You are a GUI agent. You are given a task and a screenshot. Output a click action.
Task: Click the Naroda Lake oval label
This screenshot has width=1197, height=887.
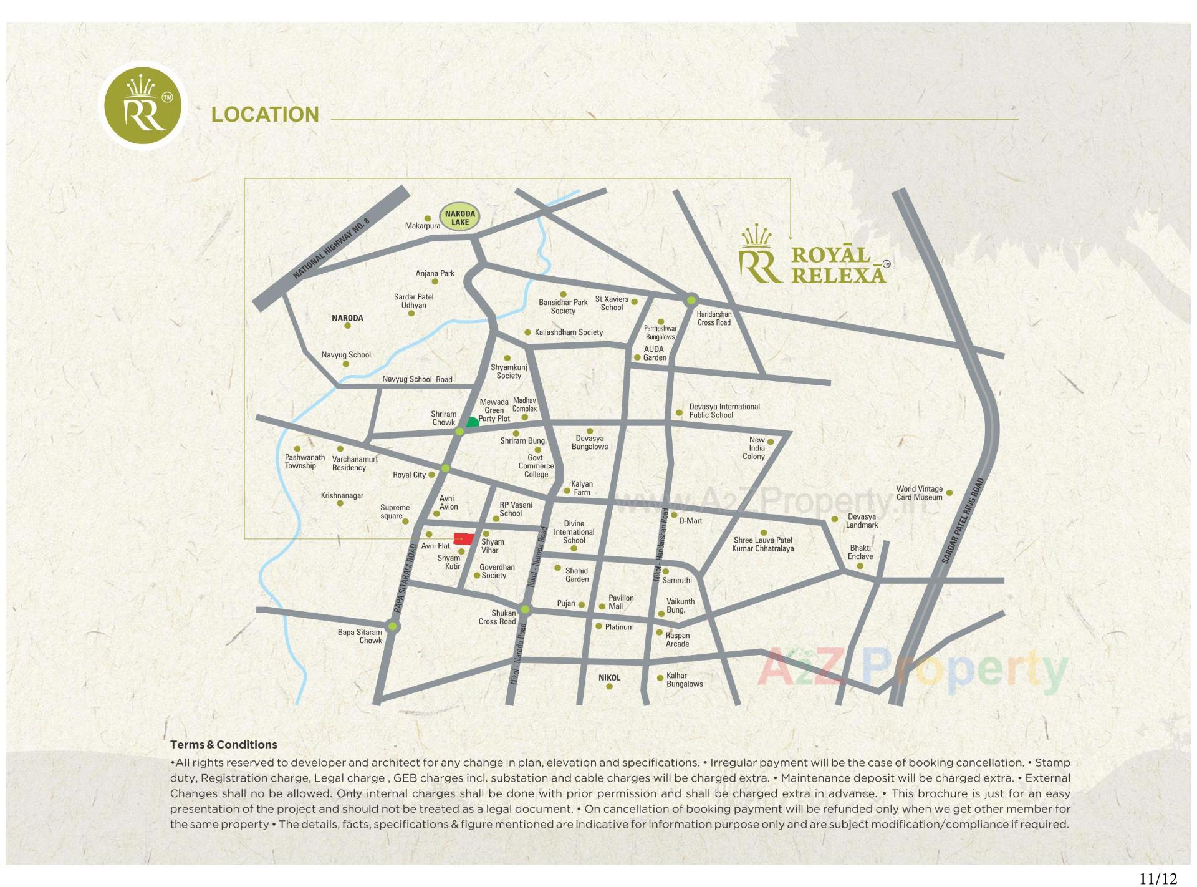[459, 218]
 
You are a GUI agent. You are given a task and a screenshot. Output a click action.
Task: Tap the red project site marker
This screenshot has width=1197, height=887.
[463, 539]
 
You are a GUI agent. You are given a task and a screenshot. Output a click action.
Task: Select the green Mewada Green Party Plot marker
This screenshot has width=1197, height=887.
[473, 423]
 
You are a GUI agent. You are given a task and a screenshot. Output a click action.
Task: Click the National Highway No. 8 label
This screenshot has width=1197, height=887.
[331, 248]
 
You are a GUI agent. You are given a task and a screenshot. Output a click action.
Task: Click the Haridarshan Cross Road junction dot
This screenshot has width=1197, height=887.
[691, 300]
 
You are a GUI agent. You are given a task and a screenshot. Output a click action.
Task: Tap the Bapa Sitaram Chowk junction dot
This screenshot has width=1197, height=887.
[392, 626]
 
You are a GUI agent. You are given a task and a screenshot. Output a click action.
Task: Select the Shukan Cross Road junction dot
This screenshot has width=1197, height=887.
[525, 609]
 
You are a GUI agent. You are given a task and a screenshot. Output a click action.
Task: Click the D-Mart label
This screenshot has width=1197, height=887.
[691, 520]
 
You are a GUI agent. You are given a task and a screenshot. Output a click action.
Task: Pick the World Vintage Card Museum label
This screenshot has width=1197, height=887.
[919, 493]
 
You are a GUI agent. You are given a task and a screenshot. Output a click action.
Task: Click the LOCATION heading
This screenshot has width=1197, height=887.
[265, 115]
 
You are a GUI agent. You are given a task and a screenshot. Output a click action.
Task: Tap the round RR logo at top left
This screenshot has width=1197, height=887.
[143, 106]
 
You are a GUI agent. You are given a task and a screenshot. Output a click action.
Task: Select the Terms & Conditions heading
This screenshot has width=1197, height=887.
[223, 744]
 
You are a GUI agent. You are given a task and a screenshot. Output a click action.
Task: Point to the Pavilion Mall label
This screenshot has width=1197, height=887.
[620, 602]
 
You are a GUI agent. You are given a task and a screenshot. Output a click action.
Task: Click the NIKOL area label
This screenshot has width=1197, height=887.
[609, 677]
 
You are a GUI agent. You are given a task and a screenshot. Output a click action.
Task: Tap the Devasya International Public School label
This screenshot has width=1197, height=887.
[724, 410]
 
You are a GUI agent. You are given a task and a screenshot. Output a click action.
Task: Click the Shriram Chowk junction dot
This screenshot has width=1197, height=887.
[459, 432]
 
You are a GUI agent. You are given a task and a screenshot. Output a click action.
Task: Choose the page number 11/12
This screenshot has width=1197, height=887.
[1158, 878]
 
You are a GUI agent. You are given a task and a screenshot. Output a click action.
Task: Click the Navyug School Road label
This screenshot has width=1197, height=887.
[417, 379]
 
